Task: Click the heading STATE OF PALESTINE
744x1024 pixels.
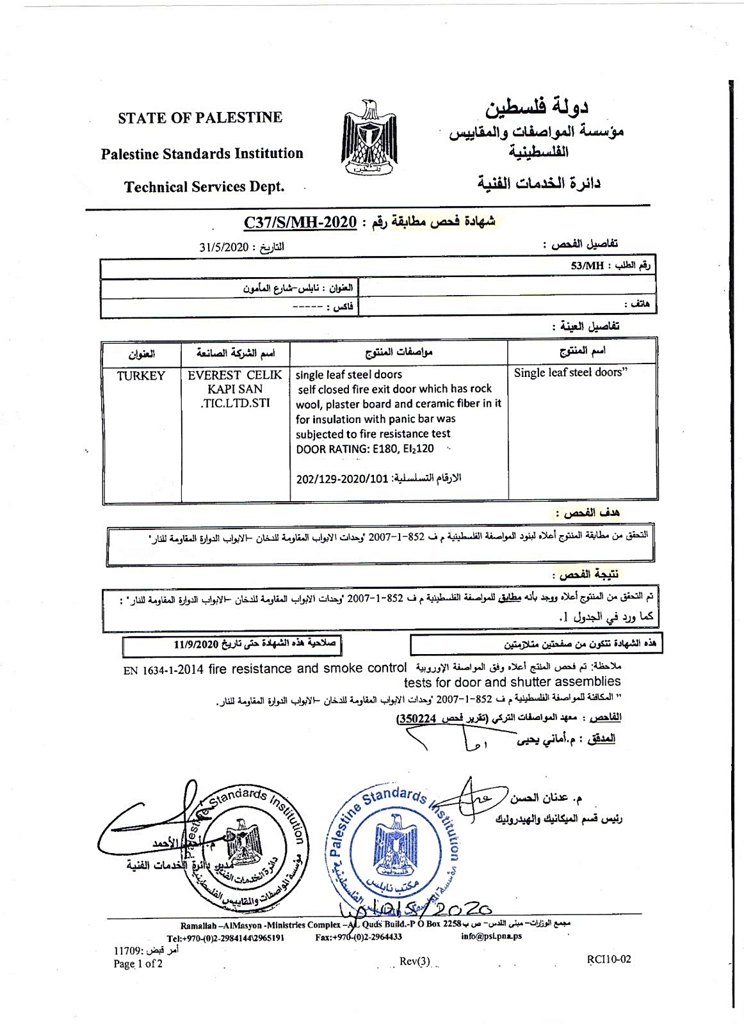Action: pyautogui.click(x=200, y=118)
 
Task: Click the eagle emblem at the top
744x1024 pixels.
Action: pyautogui.click(x=369, y=138)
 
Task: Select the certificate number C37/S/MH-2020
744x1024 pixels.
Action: pyautogui.click(x=300, y=222)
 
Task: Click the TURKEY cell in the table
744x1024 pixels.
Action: pyautogui.click(x=141, y=376)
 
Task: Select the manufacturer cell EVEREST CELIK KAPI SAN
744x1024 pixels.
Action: pyautogui.click(x=234, y=389)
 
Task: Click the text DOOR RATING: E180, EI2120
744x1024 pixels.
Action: pyautogui.click(x=364, y=449)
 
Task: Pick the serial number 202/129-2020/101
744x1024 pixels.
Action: pyautogui.click(x=343, y=479)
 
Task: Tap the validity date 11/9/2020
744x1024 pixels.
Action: pyautogui.click(x=197, y=644)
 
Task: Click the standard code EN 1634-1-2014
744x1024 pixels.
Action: pyautogui.click(x=163, y=670)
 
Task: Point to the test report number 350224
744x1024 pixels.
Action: pyautogui.click(x=414, y=719)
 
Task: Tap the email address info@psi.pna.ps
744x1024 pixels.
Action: pyautogui.click(x=491, y=936)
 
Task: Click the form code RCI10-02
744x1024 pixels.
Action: pyautogui.click(x=608, y=959)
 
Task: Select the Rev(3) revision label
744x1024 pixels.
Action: pyautogui.click(x=415, y=961)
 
